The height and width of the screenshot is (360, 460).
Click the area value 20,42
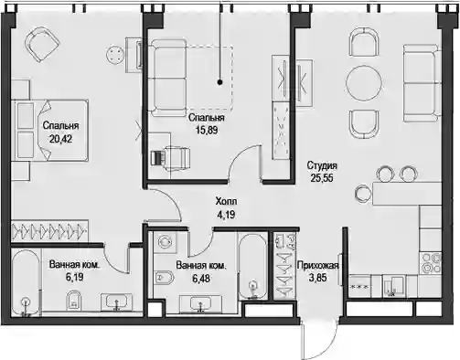pyautogui.click(x=60, y=139)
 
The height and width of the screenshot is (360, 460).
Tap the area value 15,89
pyautogui.click(x=207, y=131)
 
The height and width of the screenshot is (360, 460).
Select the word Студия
pyautogui.click(x=322, y=165)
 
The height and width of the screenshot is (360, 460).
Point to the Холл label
pyautogui.click(x=226, y=201)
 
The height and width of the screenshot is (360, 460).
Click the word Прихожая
pyautogui.click(x=318, y=265)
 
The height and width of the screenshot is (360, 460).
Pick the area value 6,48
pyautogui.click(x=201, y=278)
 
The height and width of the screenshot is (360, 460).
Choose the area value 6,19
pyautogui.click(x=74, y=277)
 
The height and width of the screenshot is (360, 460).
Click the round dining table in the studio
pyautogui.click(x=364, y=82)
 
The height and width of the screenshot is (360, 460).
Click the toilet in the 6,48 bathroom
pyautogui.click(x=164, y=278)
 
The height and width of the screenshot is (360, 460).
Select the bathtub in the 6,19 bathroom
pyautogui.click(x=27, y=283)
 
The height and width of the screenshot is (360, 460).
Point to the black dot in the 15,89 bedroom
pyautogui.click(x=219, y=82)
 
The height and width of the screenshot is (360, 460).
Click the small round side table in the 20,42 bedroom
pyautogui.click(x=115, y=54)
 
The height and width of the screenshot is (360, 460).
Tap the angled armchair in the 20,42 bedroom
pyautogui.click(x=41, y=44)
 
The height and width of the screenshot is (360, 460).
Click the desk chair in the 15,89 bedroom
pyautogui.click(x=171, y=157)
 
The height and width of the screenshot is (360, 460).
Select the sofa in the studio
pyautogui.click(x=423, y=83)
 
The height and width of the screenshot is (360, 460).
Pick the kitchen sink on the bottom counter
pyautogui.click(x=394, y=286)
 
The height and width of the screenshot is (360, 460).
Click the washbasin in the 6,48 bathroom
pyautogui.click(x=200, y=303)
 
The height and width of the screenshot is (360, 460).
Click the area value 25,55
pyautogui.click(x=322, y=178)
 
